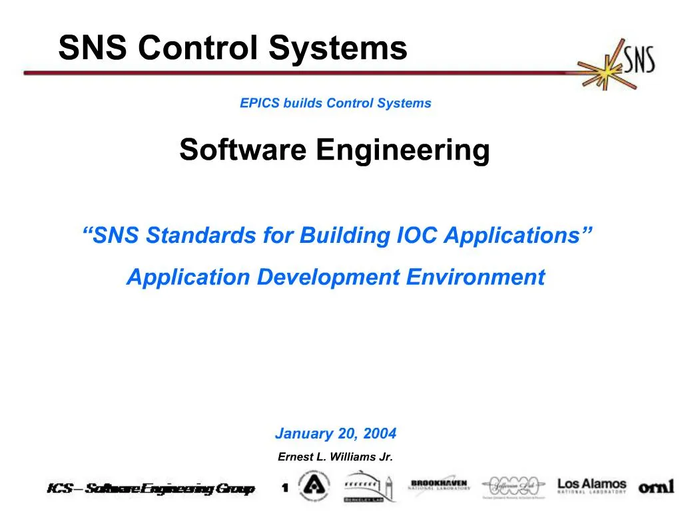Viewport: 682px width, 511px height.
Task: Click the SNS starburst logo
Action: [x=617, y=64]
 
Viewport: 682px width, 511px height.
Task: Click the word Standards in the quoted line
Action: [x=202, y=235]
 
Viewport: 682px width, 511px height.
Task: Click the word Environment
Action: [x=476, y=277]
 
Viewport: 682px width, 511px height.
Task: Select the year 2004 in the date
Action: [x=380, y=434]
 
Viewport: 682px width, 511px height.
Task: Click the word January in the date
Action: [x=304, y=434]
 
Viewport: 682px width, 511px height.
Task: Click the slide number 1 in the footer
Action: [x=285, y=489]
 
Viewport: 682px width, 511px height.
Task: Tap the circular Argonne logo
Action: [x=314, y=486]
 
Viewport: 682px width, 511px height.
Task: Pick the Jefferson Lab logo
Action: [x=514, y=487]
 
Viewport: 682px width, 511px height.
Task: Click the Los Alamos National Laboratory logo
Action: [x=592, y=485]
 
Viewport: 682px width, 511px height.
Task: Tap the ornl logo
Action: [x=657, y=487]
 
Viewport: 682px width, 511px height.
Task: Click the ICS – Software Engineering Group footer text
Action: [x=151, y=490]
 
